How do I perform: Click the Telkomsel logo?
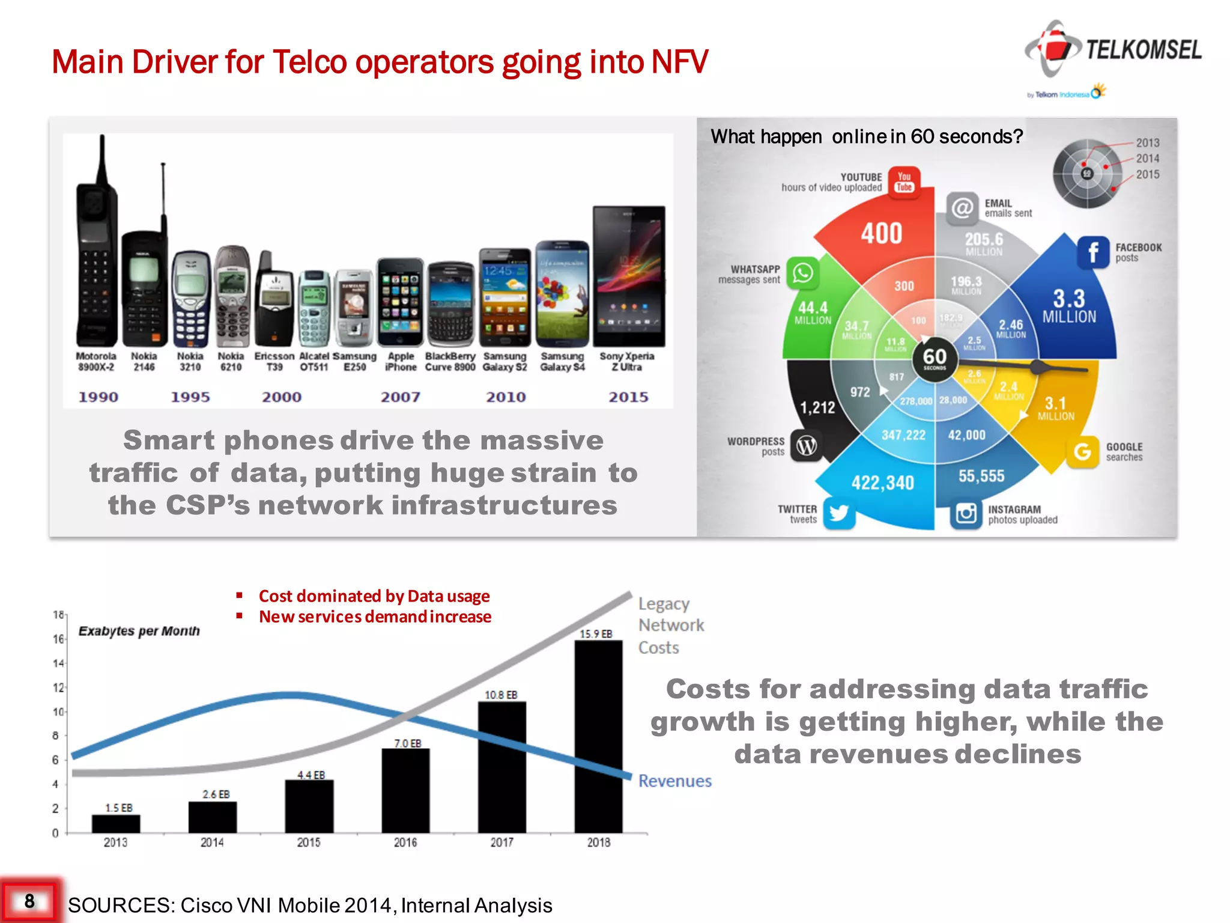click(1113, 50)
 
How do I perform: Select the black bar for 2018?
click(598, 736)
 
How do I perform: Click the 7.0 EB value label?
click(408, 743)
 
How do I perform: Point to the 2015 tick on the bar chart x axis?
click(309, 842)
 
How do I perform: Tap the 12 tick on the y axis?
click(58, 687)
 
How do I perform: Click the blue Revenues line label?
click(674, 781)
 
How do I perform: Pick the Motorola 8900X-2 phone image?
click(95, 252)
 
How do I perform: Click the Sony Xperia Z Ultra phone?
click(629, 276)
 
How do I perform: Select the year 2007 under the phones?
click(400, 397)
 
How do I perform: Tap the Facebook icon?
click(1093, 252)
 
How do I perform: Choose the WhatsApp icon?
click(803, 273)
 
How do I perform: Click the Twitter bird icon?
click(838, 513)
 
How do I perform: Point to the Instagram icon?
click(966, 514)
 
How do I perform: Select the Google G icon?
click(1082, 451)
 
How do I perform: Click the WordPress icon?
click(806, 446)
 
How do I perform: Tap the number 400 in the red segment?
click(882, 233)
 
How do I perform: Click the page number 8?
click(29, 901)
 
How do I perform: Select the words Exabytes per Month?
click(139, 631)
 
